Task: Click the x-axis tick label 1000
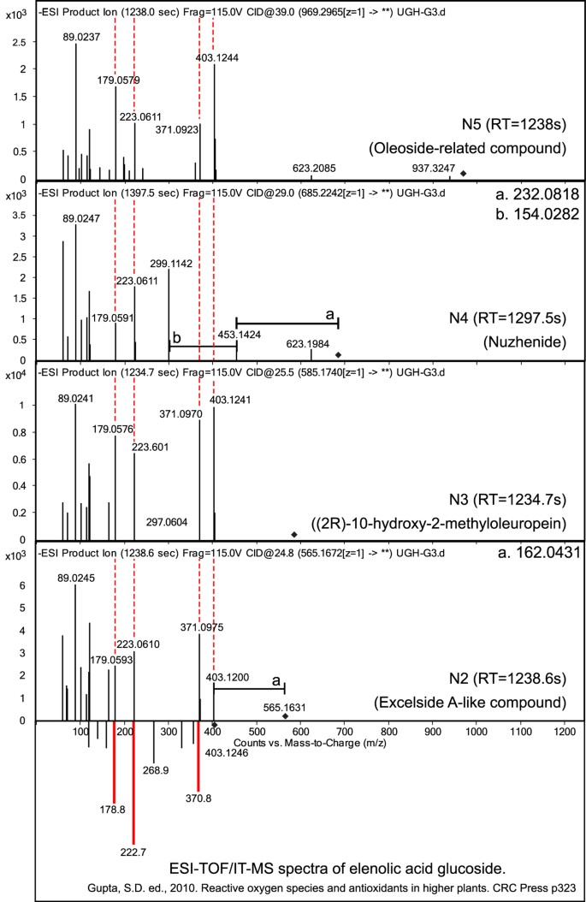pyautogui.click(x=475, y=733)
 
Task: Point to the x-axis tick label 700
pyautogui.click(x=344, y=733)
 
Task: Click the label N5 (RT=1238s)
pyautogui.click(x=514, y=122)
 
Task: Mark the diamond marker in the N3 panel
pyautogui.click(x=293, y=535)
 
